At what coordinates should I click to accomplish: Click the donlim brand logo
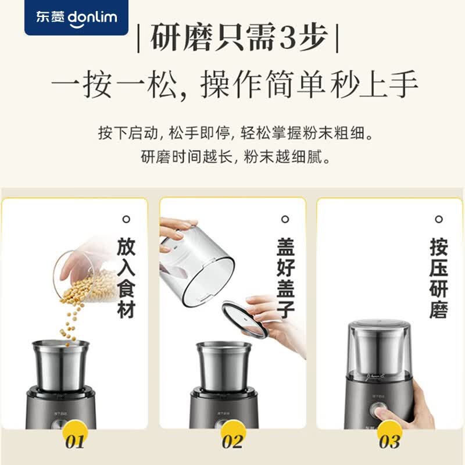(77, 17)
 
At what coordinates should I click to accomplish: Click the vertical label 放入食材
(126, 278)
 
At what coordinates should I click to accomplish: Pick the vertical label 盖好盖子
(285, 278)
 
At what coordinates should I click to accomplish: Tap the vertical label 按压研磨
(439, 278)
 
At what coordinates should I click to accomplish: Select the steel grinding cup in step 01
(60, 366)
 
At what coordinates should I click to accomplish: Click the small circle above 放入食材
(126, 220)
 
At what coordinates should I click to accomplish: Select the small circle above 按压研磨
(439, 220)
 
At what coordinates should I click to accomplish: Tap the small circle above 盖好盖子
(285, 220)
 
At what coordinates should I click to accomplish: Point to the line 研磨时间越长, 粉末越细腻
(235, 156)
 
